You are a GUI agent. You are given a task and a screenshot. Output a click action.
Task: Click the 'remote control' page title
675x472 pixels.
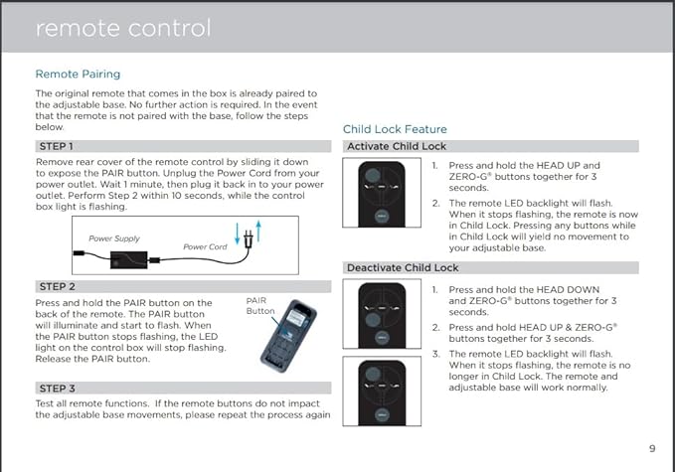123,29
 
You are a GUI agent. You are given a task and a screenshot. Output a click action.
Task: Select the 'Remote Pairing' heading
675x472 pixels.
78,74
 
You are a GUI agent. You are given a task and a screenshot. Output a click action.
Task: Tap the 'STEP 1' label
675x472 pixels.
57,146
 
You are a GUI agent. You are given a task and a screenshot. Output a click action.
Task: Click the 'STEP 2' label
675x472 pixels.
58,286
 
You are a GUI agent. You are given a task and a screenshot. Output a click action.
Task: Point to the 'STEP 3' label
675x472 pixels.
58,389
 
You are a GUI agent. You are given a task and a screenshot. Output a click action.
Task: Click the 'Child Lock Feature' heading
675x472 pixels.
395,129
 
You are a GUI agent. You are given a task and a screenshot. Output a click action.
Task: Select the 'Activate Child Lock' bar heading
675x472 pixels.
397,146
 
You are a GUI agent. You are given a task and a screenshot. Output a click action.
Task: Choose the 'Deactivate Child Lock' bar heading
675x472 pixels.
403,267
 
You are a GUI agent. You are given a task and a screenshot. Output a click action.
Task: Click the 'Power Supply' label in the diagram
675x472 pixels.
114,238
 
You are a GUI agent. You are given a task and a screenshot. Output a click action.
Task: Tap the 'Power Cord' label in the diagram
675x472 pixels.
205,246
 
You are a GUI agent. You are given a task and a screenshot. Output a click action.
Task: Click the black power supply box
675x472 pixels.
128,260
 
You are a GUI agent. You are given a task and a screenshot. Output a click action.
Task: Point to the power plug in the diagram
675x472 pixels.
248,239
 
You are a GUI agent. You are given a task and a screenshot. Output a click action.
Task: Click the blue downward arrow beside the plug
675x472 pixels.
237,234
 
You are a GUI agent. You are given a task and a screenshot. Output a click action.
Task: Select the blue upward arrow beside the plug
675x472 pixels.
258,232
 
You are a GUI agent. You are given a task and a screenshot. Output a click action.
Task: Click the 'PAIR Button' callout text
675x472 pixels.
259,305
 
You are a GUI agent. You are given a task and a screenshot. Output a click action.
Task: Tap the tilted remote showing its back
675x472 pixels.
288,336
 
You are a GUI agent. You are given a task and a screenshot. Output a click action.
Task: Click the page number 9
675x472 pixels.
652,449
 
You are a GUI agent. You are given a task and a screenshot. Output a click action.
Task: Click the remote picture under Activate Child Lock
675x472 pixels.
382,194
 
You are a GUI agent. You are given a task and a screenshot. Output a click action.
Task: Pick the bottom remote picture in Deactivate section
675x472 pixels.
382,393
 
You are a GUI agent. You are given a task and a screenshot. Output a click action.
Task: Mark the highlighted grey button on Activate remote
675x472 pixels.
373,175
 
